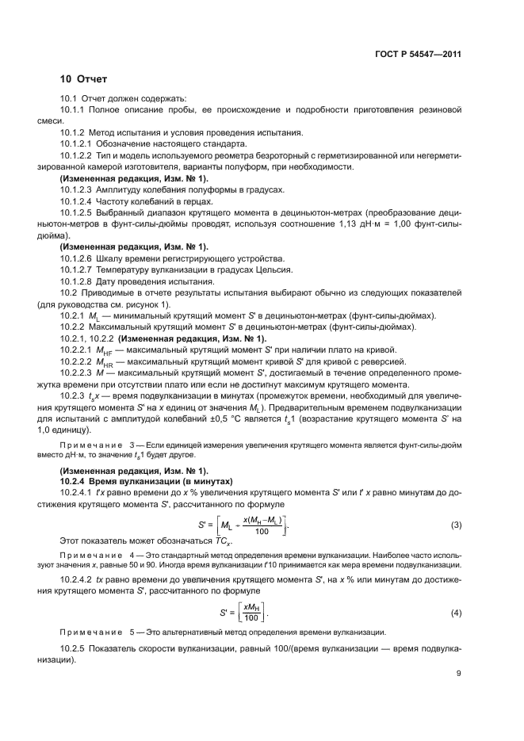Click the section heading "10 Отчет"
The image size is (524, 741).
[84, 79]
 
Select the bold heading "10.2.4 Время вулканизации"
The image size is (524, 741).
[134, 481]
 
